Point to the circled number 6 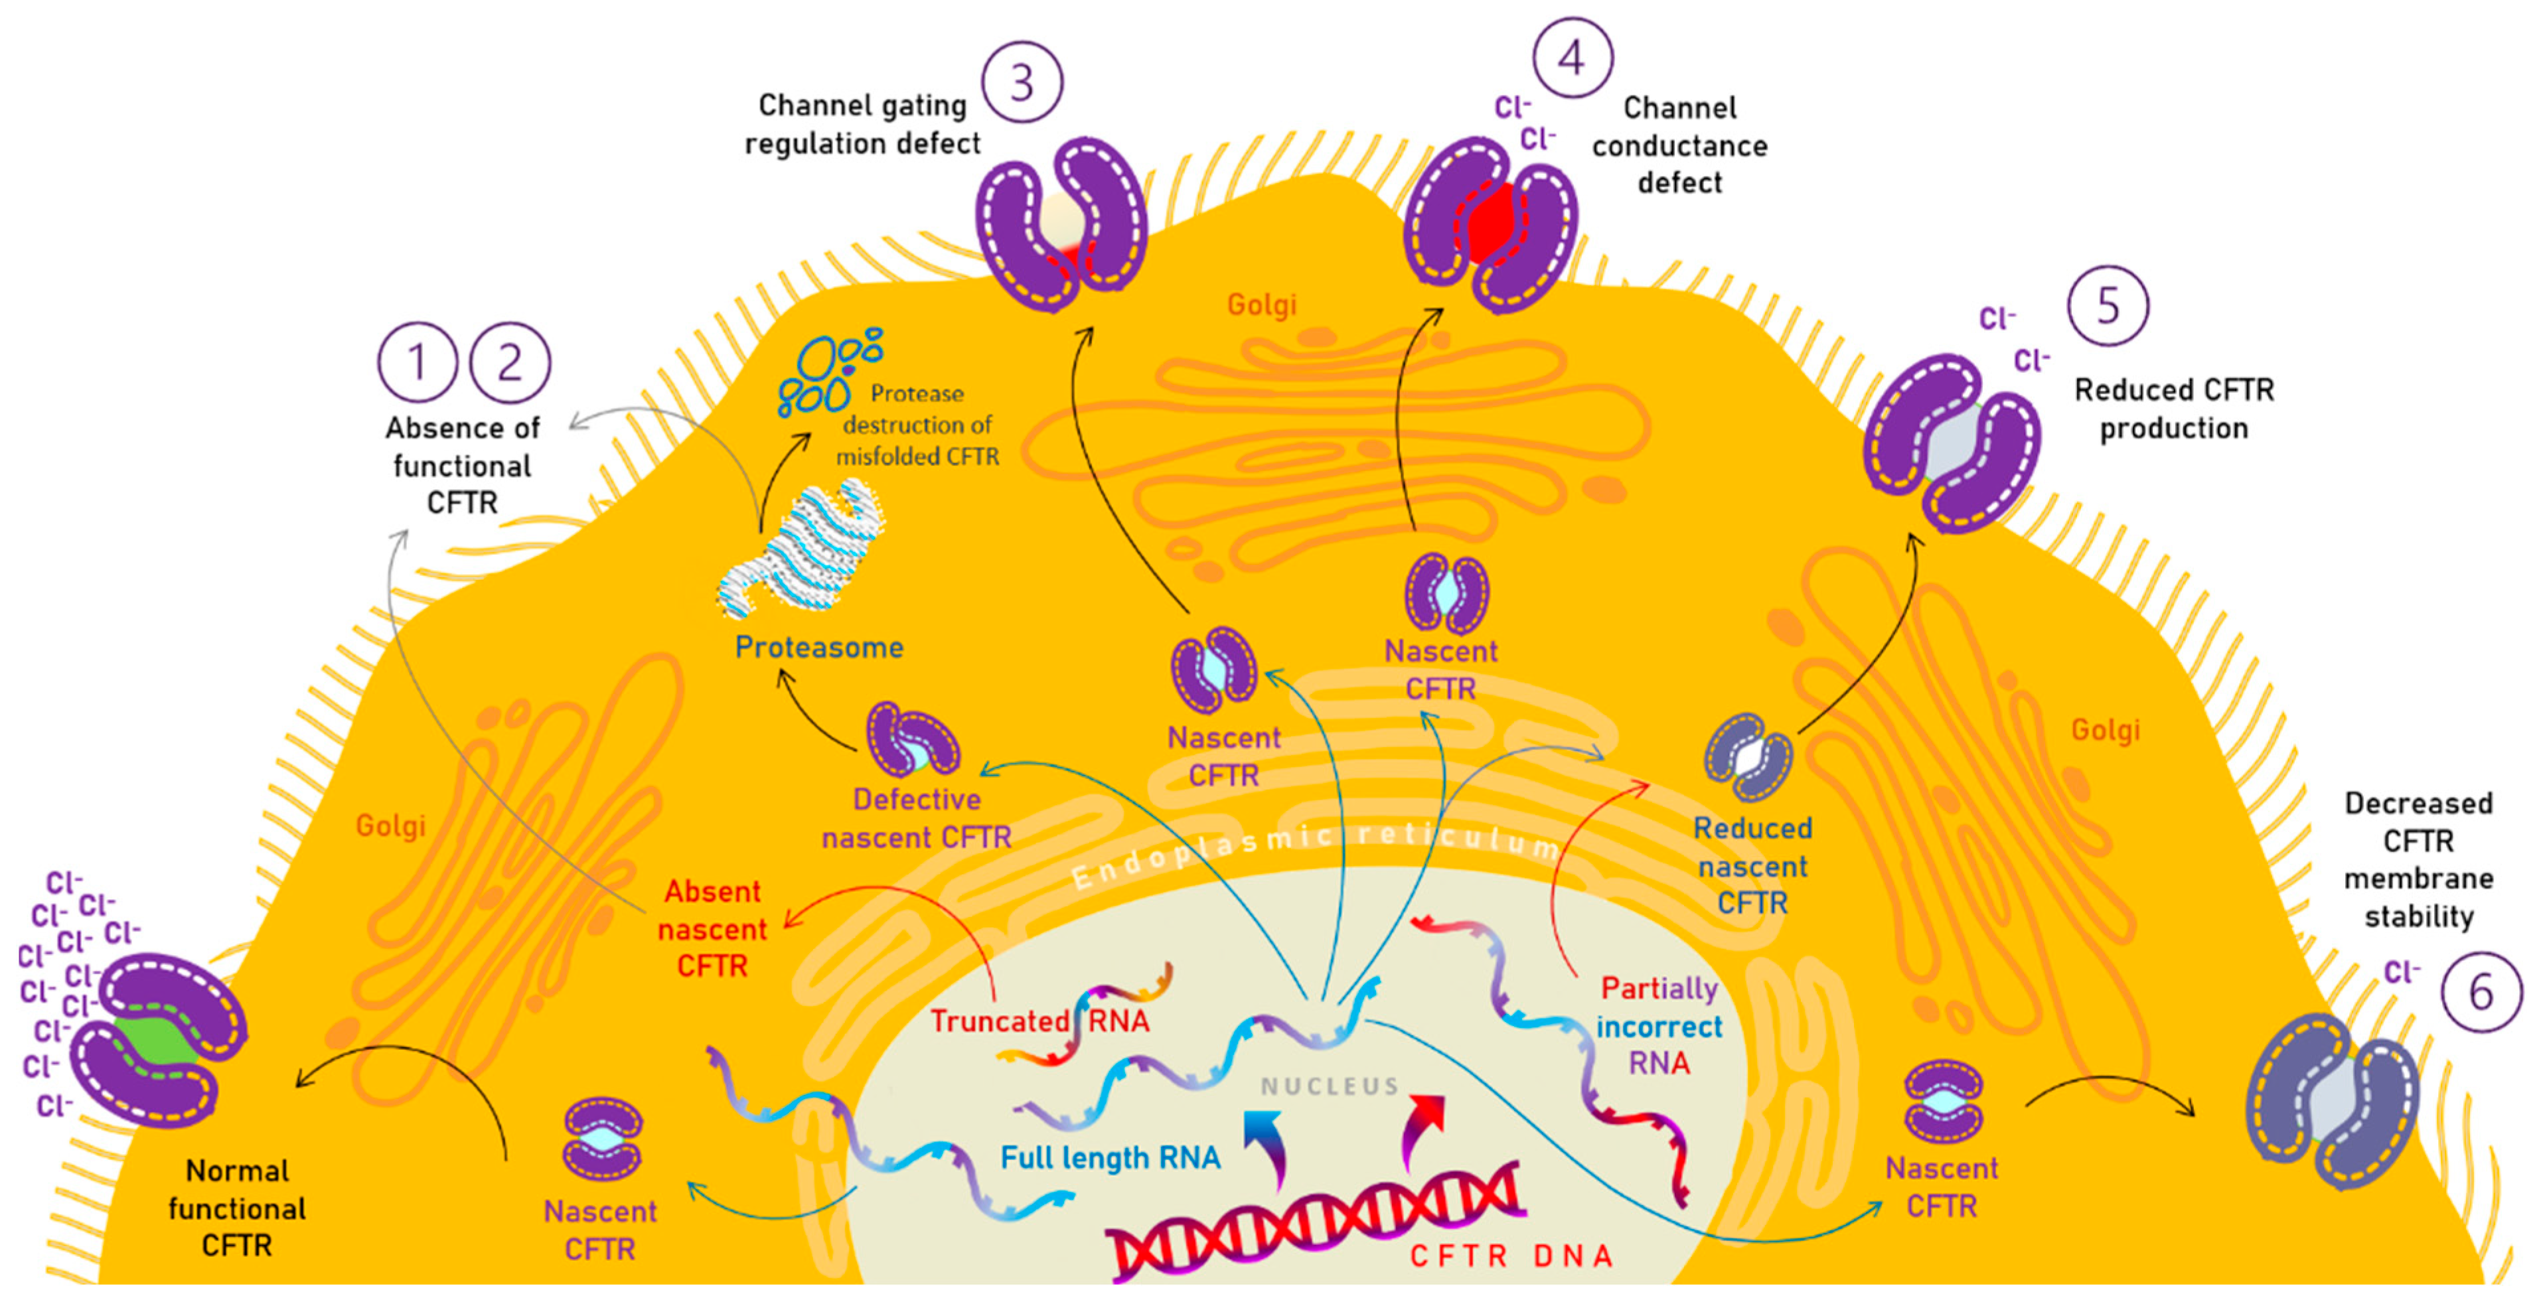coord(2480,992)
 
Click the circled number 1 coord(417,362)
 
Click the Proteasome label coord(818,648)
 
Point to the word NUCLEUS coord(1330,1086)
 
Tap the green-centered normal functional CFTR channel coord(158,1041)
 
